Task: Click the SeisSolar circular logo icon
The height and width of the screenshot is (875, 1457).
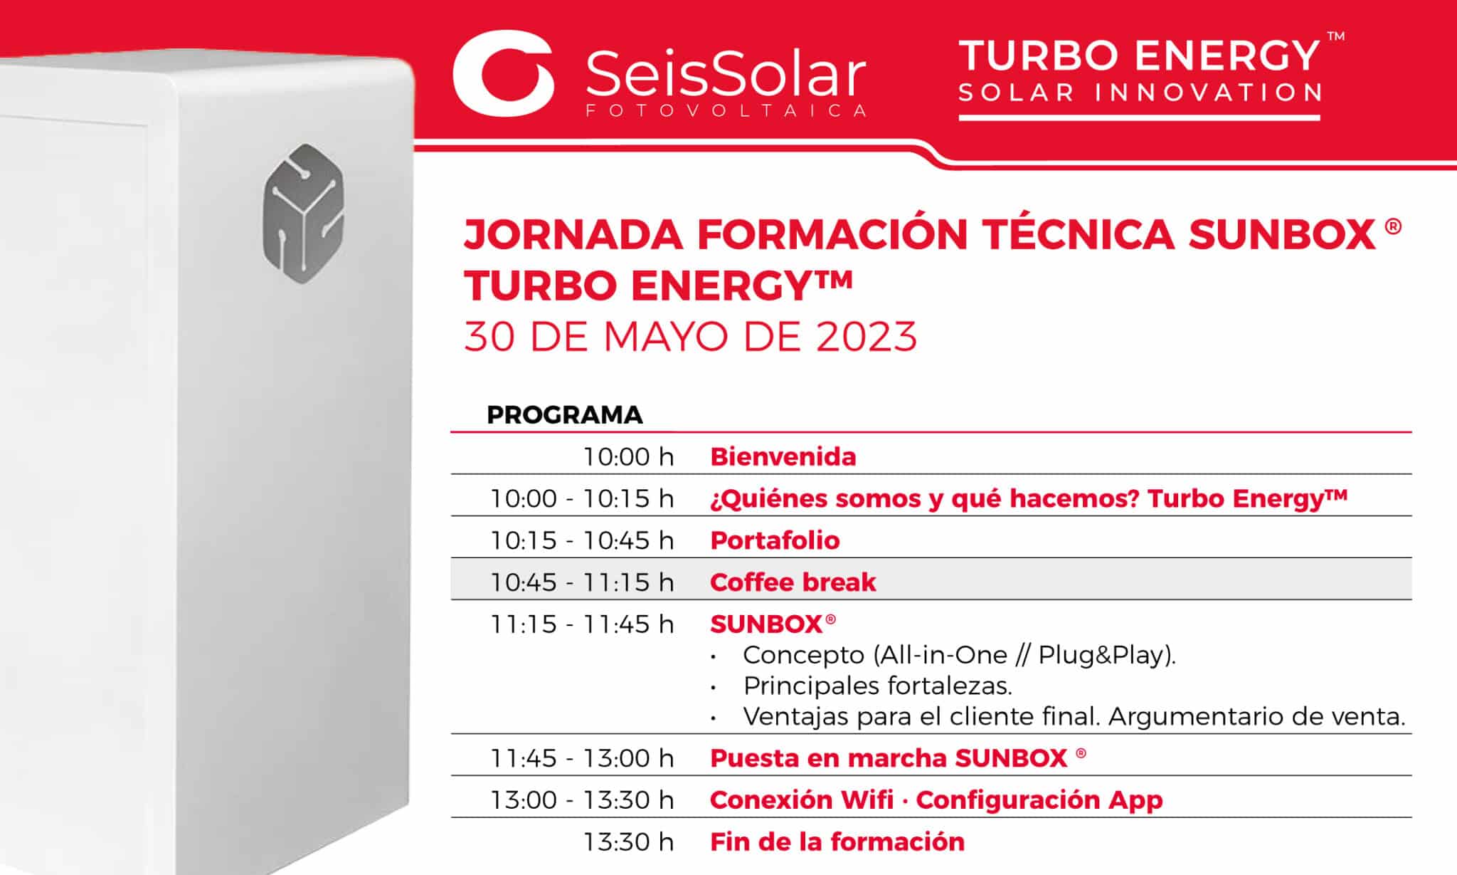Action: coord(504,73)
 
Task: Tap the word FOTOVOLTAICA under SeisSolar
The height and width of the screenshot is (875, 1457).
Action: coord(726,110)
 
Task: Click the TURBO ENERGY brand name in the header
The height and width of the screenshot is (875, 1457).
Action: coord(1140,56)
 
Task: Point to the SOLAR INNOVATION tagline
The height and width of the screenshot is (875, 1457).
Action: coord(1140,93)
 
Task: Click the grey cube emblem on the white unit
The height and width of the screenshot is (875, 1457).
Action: coord(304,213)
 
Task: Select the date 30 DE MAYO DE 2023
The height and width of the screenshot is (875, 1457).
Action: coord(690,337)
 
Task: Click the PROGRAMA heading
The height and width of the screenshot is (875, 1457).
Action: coord(564,414)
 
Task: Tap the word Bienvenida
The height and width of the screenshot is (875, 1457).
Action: coord(783,456)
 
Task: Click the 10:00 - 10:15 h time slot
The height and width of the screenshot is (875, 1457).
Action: coord(582,498)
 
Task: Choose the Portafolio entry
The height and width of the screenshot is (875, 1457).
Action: coord(775,540)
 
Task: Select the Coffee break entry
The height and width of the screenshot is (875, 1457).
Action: coord(793,582)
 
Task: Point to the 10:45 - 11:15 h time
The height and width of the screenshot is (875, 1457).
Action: coord(582,582)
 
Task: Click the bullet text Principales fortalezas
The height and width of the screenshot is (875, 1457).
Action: coord(877,686)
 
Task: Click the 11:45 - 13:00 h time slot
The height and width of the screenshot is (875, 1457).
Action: coord(582,758)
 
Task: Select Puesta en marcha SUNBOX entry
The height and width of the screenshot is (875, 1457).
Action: coord(898,758)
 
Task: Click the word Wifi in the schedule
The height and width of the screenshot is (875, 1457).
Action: coord(867,800)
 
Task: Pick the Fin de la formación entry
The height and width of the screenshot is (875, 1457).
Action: coord(837,842)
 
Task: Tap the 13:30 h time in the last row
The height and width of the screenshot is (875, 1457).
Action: coord(628,842)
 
